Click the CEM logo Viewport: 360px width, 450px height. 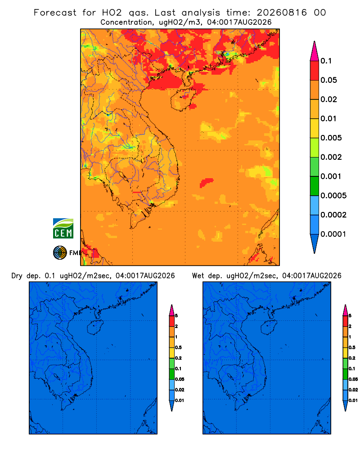pos(63,229)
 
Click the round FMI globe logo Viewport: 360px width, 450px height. pos(60,253)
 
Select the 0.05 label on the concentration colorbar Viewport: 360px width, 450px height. pos(328,80)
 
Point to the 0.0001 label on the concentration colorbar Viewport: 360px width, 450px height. pos(333,234)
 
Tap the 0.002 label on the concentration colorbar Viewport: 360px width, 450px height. pos(331,157)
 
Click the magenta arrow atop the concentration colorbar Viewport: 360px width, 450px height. pos(315,51)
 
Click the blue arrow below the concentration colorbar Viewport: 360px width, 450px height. pos(315,243)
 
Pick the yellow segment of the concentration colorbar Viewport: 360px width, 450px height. pos(315,128)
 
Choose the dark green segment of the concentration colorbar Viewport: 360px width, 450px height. pos(315,186)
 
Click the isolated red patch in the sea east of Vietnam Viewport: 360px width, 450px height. pos(207,182)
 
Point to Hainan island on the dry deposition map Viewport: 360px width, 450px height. pos(95,328)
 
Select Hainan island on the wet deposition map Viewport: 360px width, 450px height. pos(269,328)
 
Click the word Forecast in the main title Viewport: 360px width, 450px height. pos(55,13)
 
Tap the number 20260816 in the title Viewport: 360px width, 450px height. pos(282,13)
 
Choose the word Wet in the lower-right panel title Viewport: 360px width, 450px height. pos(198,276)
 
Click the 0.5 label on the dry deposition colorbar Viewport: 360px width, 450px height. pos(178,347)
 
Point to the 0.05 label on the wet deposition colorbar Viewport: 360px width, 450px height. pos(353,379)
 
